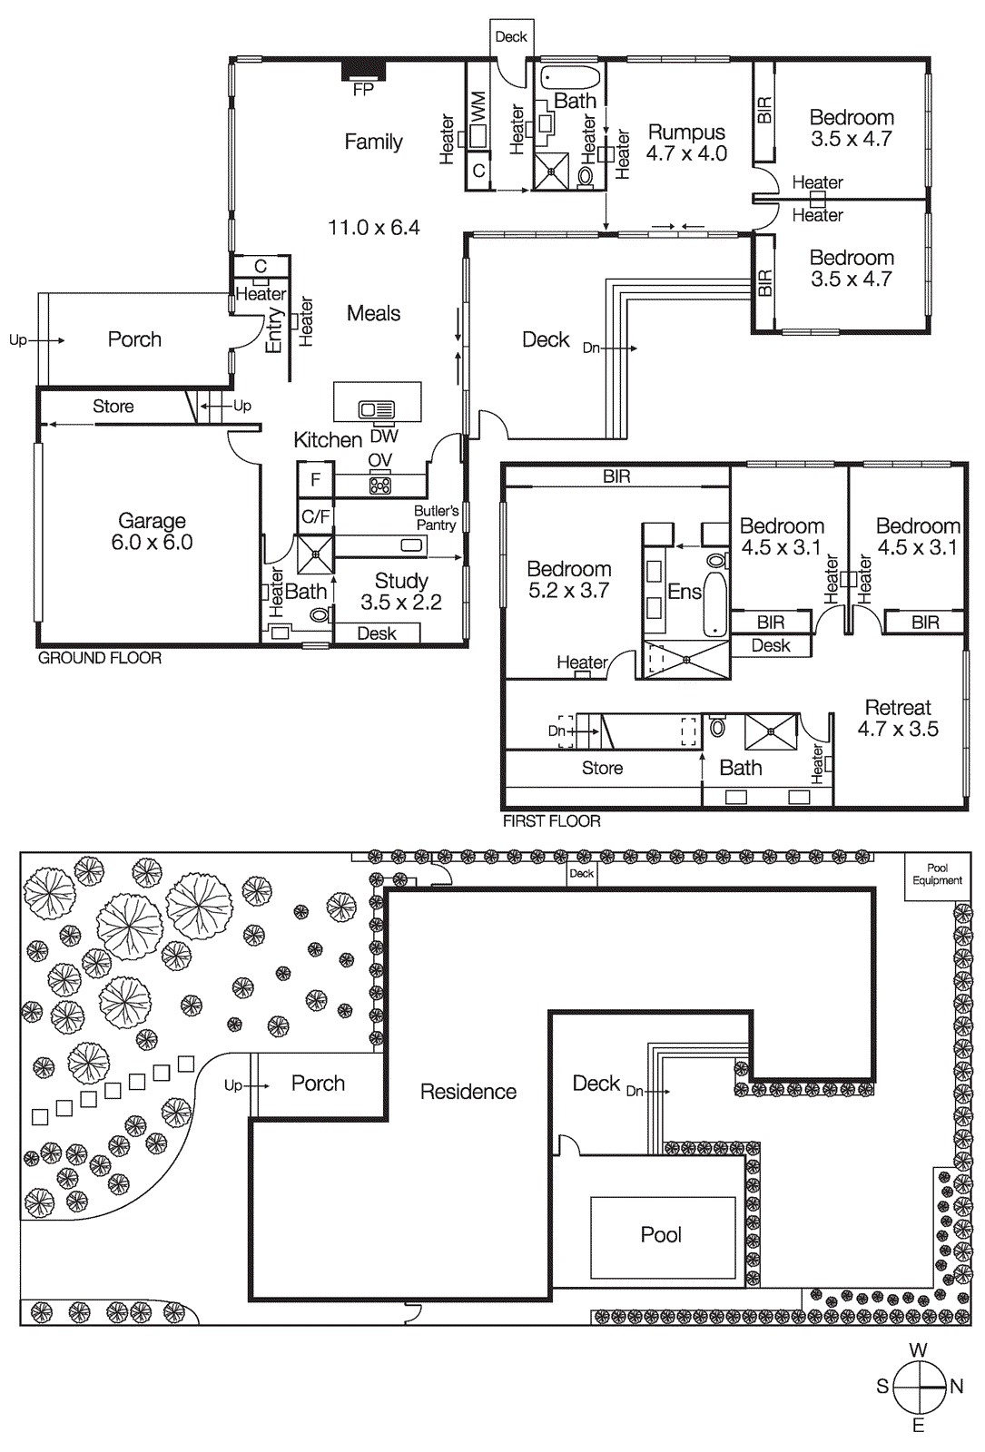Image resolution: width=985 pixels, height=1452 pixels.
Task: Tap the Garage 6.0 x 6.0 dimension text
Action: [153, 543]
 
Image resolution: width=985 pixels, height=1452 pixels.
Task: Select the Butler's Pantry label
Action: [437, 518]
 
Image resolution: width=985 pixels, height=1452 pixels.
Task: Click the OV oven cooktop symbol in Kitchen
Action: [379, 486]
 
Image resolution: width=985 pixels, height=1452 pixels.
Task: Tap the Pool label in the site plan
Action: [661, 1235]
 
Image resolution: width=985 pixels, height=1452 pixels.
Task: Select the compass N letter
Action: [956, 1387]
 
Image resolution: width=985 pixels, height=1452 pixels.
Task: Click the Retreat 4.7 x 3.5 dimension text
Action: [898, 729]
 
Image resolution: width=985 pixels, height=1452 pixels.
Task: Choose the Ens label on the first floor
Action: [685, 592]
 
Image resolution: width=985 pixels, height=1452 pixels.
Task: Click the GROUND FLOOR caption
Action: [99, 658]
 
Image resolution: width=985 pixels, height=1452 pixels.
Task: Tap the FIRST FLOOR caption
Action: [551, 821]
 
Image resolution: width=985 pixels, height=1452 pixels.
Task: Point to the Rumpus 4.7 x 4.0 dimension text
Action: [686, 154]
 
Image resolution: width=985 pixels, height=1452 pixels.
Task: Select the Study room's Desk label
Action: [377, 633]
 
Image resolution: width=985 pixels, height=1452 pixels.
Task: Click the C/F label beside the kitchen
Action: [316, 517]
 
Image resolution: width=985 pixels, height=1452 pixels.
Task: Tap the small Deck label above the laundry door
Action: [511, 37]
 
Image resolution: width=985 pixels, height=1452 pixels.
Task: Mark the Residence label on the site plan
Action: [468, 1092]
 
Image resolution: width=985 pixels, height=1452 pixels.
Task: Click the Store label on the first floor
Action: [602, 769]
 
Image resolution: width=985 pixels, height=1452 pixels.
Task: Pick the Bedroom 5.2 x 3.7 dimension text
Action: [569, 591]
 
